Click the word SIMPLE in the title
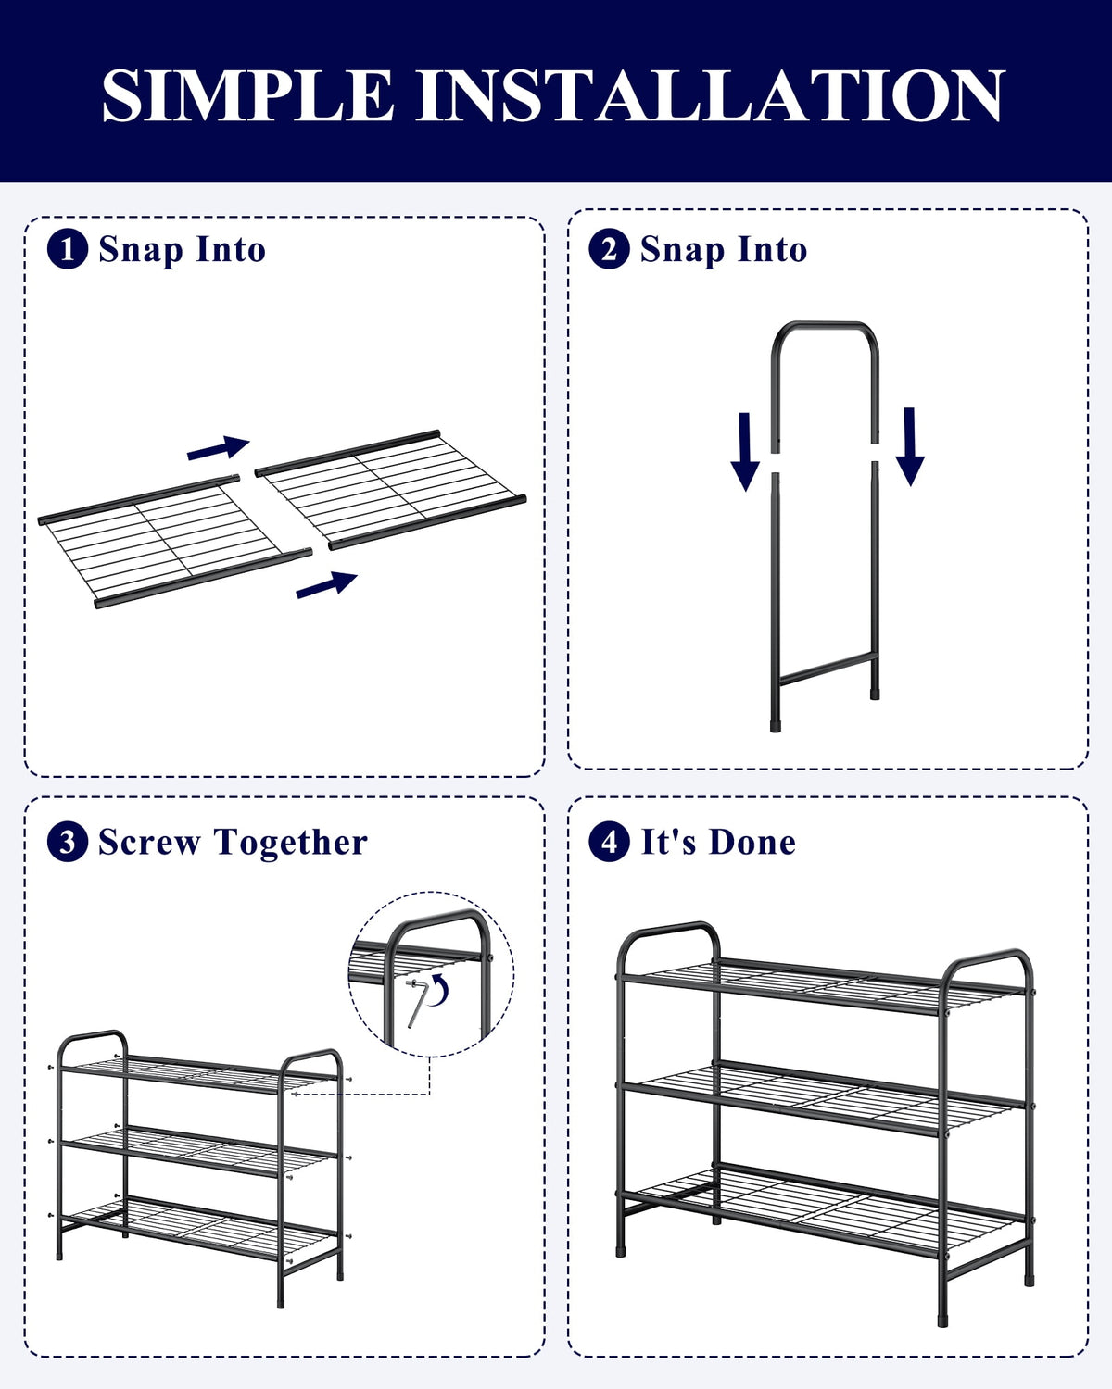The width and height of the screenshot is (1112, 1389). tap(247, 94)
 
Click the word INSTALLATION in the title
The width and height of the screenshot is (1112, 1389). tap(710, 94)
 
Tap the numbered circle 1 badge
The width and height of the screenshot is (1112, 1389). tap(68, 249)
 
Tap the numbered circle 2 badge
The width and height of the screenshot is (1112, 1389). tap(609, 249)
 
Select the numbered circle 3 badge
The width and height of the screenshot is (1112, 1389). tap(68, 842)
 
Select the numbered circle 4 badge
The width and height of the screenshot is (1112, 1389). tap(609, 842)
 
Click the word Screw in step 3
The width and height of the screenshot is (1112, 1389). tap(149, 842)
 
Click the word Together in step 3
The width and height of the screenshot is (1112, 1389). tap(291, 844)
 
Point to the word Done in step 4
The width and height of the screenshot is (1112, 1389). tap(752, 842)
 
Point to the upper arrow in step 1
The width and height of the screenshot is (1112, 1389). tap(219, 447)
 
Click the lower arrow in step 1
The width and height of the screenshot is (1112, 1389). tap(326, 584)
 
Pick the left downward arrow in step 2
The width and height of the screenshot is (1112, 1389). tap(745, 452)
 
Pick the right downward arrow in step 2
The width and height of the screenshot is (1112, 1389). tap(910, 446)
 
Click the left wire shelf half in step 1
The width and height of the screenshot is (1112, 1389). tap(174, 543)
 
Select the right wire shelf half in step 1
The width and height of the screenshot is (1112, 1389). tap(391, 489)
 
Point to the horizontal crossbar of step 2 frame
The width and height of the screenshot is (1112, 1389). tap(828, 668)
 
